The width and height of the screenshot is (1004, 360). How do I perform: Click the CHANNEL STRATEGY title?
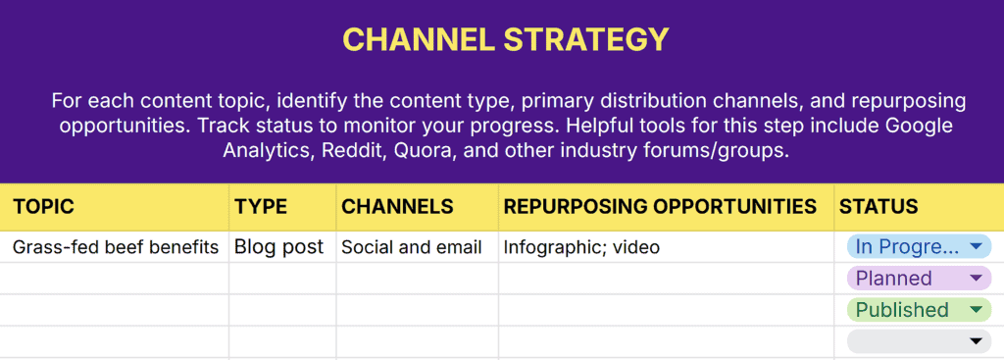point(505,39)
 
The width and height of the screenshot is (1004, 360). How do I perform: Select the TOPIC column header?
point(43,207)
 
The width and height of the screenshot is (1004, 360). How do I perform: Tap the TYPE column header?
point(261,207)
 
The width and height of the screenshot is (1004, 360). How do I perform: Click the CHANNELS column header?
point(397,207)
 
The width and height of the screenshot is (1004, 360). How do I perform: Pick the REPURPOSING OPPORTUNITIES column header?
point(660,207)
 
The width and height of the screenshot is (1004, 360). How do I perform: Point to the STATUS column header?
point(878,207)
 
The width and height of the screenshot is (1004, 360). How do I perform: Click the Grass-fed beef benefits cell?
point(116,247)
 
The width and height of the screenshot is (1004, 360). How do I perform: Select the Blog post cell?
point(278,247)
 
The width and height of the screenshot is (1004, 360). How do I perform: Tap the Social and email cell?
point(411,247)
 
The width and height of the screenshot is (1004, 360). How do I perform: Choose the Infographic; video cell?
point(581,247)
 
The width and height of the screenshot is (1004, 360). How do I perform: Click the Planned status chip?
point(894,279)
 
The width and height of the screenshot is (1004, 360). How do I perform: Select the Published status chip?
point(902,310)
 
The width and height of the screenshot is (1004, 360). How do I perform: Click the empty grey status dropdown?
point(919,341)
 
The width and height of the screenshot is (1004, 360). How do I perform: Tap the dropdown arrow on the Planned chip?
point(975,279)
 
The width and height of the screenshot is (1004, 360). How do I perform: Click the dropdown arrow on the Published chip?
point(975,310)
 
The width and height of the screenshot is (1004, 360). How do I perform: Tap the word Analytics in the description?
point(269,151)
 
